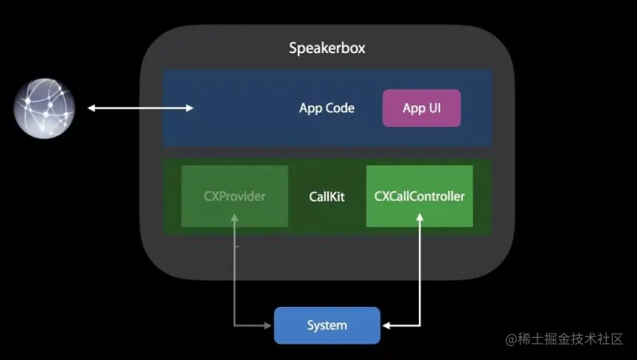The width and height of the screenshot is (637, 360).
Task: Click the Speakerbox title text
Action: point(327,49)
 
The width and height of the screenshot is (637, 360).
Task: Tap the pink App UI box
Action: point(422,108)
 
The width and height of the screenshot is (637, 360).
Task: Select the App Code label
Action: point(327,108)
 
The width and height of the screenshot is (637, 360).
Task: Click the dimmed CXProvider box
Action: point(234,196)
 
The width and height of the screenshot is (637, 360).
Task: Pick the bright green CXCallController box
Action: point(420,196)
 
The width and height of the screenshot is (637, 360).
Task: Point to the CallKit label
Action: point(327,197)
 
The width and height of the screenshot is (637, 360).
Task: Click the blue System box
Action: point(327,325)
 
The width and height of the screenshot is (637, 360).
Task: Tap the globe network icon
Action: point(44,109)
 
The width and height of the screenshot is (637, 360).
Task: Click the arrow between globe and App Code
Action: point(140,108)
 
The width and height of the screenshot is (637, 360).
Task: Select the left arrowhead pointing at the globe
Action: point(92,108)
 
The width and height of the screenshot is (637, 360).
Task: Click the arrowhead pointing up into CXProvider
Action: point(234,218)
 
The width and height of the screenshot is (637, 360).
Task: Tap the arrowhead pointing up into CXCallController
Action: point(420,218)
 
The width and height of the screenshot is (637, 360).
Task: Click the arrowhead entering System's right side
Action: point(387,325)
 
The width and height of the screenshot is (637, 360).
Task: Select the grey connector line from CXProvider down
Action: point(234,273)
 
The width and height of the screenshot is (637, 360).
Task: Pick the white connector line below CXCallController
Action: point(420,273)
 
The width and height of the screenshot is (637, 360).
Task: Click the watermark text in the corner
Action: point(564,339)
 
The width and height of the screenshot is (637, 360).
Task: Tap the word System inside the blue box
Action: point(327,325)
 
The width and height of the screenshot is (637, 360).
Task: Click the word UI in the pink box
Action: point(434,108)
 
